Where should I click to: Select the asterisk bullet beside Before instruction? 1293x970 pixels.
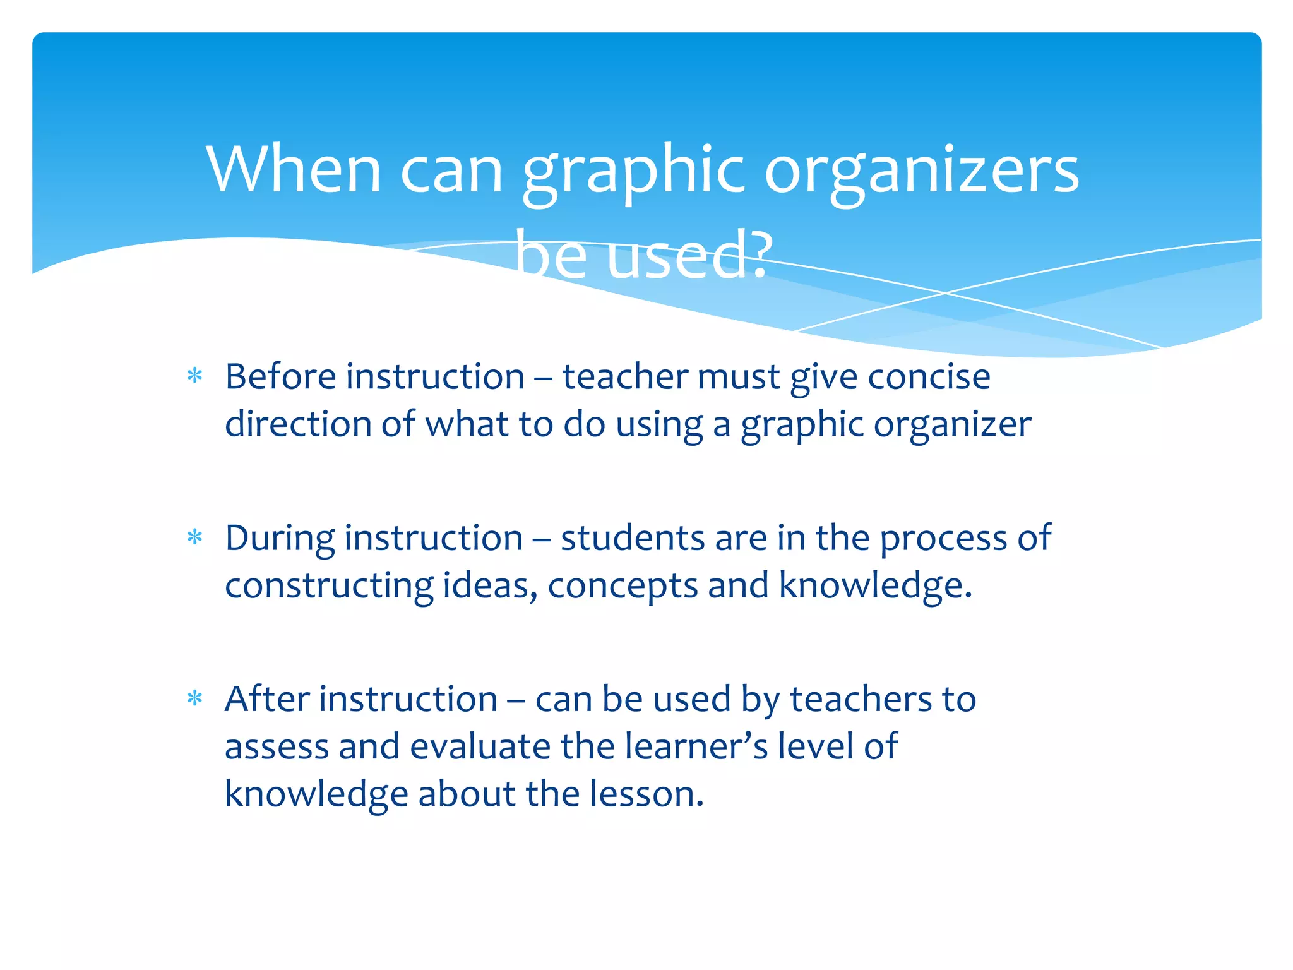point(194,377)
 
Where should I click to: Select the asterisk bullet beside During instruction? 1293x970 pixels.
point(194,538)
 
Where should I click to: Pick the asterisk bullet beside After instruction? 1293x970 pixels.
point(194,699)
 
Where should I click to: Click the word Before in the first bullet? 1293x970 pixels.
point(280,377)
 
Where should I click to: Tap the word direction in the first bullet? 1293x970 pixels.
point(298,424)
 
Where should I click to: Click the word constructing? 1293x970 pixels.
point(329,586)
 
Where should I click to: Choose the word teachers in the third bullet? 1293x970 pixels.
point(861,699)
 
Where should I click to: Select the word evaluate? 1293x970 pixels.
point(480,746)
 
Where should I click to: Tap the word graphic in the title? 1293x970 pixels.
point(634,171)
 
